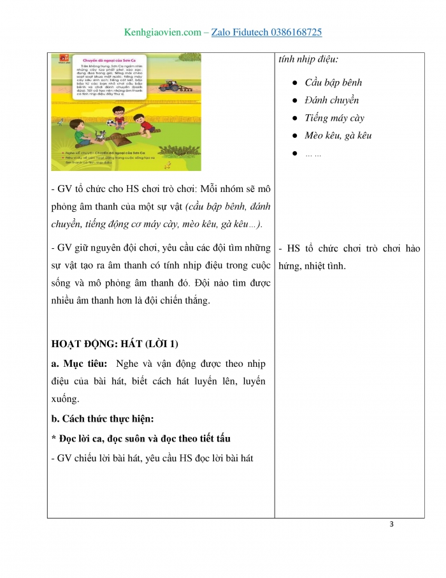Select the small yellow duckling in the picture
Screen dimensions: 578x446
(168, 165)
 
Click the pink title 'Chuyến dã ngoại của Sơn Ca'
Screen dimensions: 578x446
(107, 61)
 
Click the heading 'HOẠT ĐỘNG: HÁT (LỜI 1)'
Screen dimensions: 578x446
(115, 345)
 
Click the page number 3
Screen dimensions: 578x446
(392, 524)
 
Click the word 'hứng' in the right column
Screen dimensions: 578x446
(290, 266)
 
